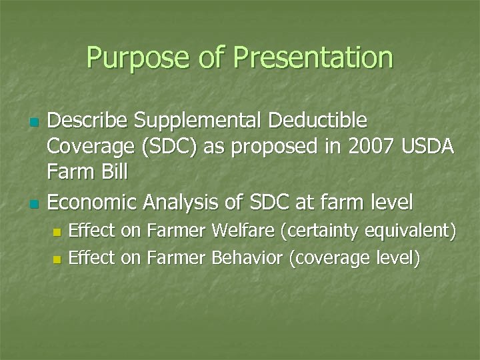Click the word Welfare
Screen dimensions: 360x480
coord(243,231)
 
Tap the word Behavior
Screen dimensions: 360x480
coord(247,257)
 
